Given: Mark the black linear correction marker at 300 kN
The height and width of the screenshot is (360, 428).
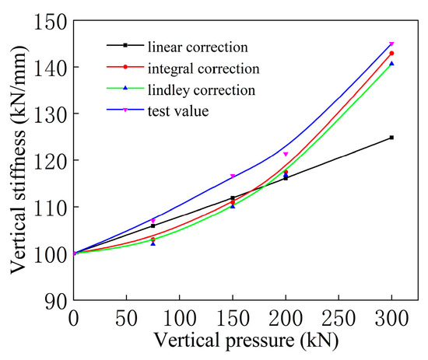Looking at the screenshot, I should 391,138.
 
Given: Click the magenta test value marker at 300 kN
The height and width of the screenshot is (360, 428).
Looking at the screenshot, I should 391,44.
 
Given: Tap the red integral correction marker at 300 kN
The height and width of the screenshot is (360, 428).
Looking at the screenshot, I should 391,53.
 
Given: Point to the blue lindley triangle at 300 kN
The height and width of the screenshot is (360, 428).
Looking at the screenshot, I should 391,64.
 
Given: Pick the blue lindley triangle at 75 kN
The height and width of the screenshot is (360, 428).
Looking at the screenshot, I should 153,243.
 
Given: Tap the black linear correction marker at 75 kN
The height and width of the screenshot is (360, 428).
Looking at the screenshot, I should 153,225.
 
